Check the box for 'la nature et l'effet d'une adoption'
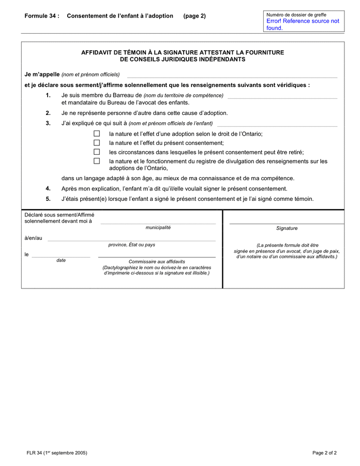coord(97,134)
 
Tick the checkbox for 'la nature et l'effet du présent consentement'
coord(97,143)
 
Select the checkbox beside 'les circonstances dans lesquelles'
coord(97,152)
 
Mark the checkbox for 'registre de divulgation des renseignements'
coord(97,161)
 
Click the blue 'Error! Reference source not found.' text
coord(303,24)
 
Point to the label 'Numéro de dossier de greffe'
coord(296,14)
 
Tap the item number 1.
coord(48,95)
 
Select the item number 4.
coord(48,188)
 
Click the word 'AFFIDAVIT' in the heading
coord(99,52)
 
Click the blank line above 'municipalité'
coord(158,223)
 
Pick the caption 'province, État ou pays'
coord(131,245)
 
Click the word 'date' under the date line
coord(61,260)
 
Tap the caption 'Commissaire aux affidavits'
coord(157,261)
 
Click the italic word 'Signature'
coord(287,228)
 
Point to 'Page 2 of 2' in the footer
coord(324,453)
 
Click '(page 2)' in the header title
coord(194,16)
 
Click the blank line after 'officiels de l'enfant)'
coord(277,125)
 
